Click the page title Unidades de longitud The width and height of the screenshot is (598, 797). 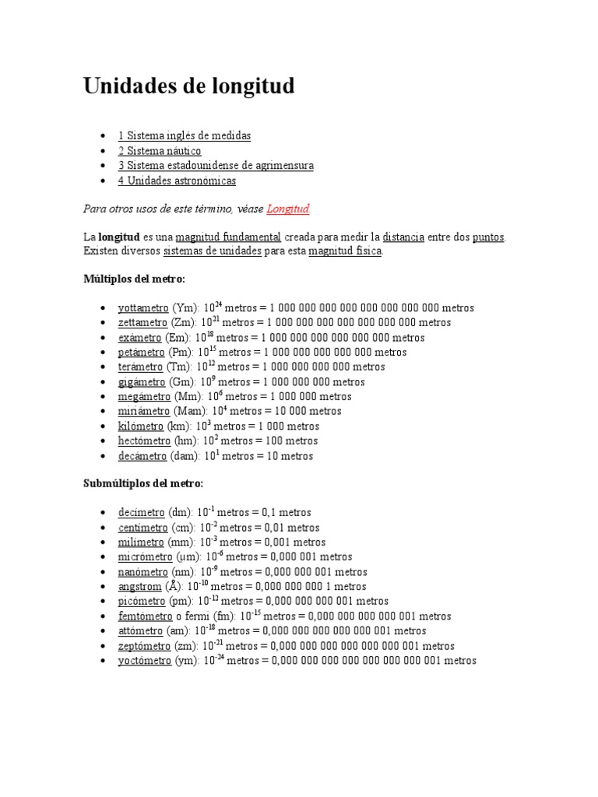pos(188,86)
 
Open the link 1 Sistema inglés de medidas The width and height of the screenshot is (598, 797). pos(185,135)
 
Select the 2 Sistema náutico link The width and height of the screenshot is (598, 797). pos(160,151)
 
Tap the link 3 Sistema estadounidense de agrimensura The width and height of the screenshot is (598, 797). pos(216,166)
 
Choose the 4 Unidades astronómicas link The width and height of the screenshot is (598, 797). pos(177,181)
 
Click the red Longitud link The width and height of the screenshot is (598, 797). pos(288,209)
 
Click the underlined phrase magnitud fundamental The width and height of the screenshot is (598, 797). pos(228,237)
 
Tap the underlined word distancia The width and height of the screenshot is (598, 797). pos(403,237)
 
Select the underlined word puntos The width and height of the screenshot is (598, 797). pos(488,237)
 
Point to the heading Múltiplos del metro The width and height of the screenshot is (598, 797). pos(135,279)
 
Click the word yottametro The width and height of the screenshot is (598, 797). pos(143,308)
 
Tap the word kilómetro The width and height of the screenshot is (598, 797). pos(141,427)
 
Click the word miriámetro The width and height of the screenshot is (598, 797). pos(143,412)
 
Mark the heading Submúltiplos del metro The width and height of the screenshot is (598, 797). pos(143,483)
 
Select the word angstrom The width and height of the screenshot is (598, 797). pos(140,587)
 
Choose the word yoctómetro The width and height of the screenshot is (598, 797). pos(144,661)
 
